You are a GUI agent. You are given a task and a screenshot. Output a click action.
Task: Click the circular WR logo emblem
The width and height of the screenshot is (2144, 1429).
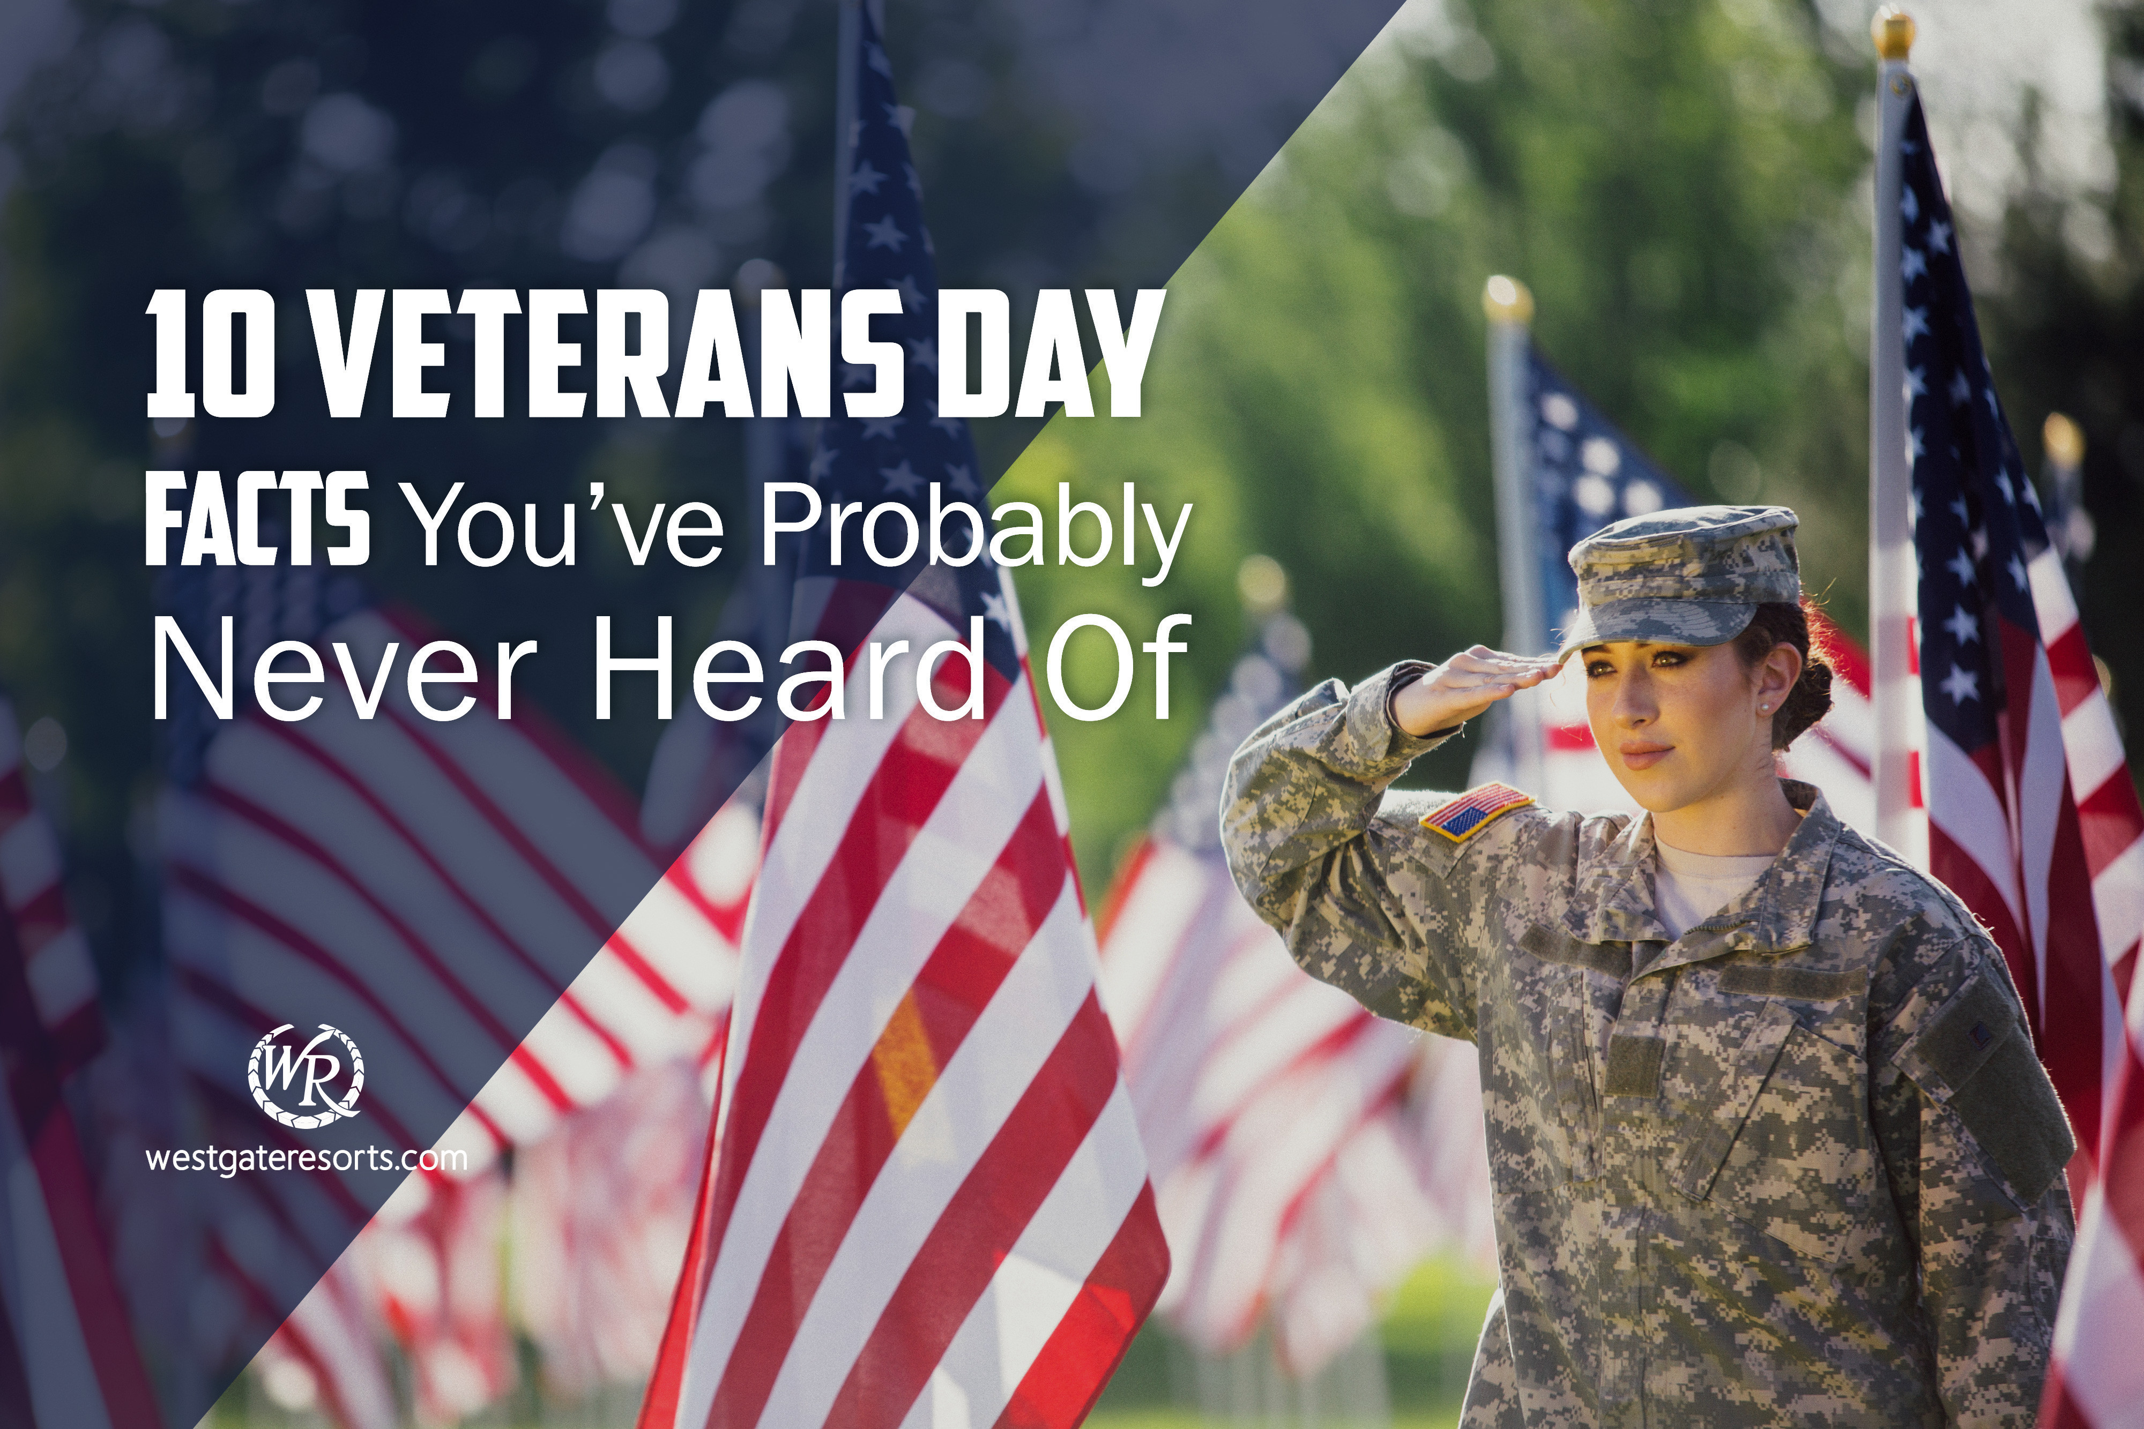pos(306,1071)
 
